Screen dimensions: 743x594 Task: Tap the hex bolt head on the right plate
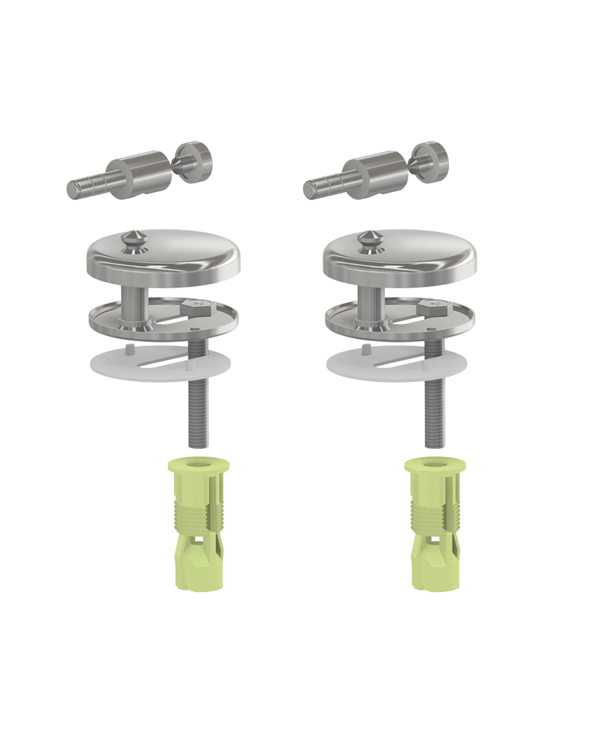pos(432,306)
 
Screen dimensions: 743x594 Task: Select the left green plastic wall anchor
pos(196,527)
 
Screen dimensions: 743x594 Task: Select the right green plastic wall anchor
pos(433,527)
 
